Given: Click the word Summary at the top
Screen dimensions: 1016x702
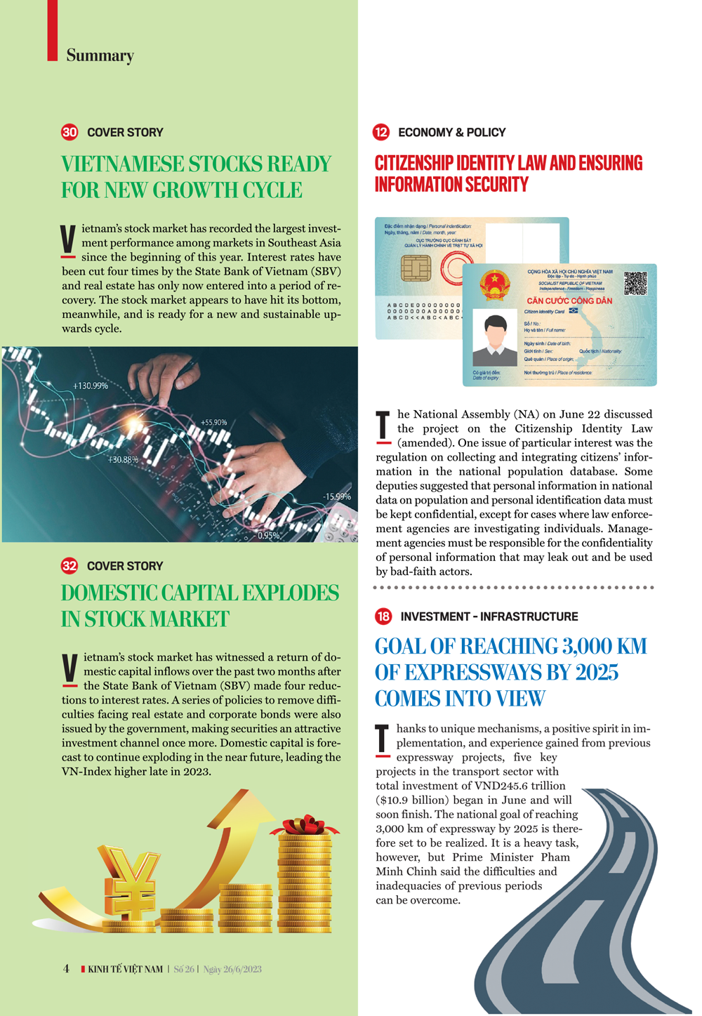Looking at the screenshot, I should click(100, 55).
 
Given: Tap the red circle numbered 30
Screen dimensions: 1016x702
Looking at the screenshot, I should click(69, 132).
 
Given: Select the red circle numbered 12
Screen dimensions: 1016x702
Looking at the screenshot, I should click(381, 132).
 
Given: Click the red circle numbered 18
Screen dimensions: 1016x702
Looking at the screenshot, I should click(383, 616).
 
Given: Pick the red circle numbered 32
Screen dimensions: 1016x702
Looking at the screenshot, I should click(69, 566).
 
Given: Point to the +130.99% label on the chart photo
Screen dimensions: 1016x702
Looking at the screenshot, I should click(91, 386).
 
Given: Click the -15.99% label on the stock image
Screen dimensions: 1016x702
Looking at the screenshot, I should click(336, 497).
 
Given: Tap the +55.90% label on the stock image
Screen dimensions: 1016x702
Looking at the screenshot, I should click(214, 423).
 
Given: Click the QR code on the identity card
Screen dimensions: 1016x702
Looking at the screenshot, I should click(635, 282).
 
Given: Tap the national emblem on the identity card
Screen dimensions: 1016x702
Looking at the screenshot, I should click(495, 285).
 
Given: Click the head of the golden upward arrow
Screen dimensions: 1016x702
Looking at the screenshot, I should click(243, 807).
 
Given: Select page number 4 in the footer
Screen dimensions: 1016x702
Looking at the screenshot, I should click(66, 969).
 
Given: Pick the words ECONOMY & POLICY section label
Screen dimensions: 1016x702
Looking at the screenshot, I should click(451, 133).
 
